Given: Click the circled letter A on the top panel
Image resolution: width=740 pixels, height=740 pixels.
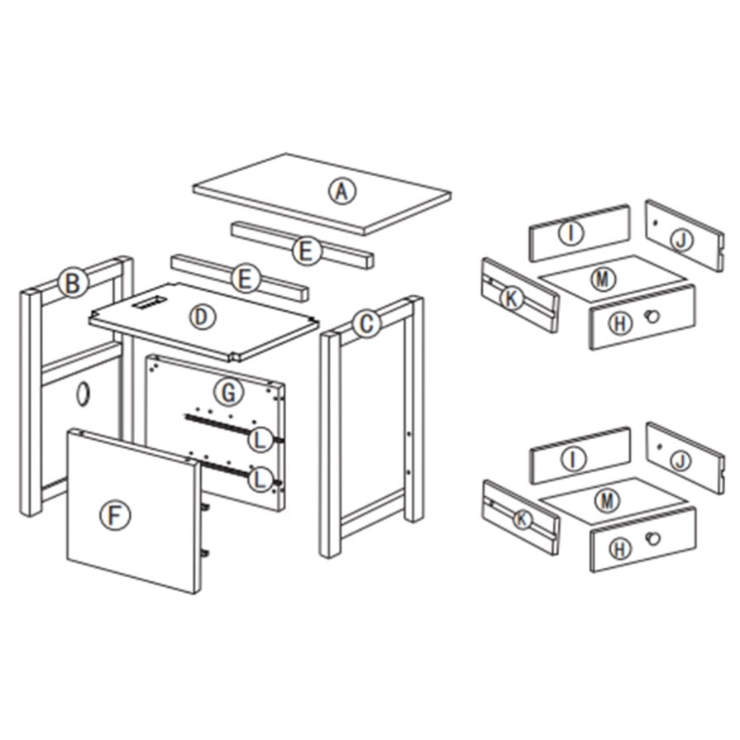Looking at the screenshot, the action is (x=342, y=191).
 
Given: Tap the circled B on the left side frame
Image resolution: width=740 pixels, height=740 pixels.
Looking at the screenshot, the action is (x=73, y=283).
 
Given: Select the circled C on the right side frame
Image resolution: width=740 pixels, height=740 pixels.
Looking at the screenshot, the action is (x=366, y=324).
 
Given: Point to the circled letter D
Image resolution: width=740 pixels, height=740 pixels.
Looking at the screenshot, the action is (x=203, y=317).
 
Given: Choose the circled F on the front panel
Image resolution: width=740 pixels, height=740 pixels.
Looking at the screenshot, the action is (x=115, y=515).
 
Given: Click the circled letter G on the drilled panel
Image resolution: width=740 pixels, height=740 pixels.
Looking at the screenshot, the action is (x=229, y=392).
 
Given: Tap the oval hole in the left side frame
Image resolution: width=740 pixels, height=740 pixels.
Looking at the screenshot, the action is (x=84, y=394).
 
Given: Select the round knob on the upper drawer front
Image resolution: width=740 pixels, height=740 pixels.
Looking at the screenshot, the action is (x=652, y=316).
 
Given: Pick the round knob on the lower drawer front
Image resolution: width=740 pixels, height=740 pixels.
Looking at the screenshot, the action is (x=652, y=538).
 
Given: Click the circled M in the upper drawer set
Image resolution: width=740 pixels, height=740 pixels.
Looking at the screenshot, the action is (x=603, y=279).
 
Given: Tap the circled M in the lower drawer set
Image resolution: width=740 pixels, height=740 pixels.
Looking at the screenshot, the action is (x=607, y=500).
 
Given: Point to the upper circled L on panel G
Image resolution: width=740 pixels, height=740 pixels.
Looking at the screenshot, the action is (x=260, y=439).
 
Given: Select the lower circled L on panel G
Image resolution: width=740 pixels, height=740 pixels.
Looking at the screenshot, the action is (x=260, y=480).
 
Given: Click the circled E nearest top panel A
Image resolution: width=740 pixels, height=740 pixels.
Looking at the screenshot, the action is (x=307, y=251).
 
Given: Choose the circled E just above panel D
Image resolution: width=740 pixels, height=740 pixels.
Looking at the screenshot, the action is (x=246, y=279).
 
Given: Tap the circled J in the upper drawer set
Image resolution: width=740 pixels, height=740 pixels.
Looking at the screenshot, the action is (x=681, y=241).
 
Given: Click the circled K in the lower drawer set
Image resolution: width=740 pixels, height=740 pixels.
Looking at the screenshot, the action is (x=522, y=519).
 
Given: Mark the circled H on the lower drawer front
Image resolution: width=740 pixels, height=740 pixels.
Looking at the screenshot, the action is (x=620, y=549).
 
